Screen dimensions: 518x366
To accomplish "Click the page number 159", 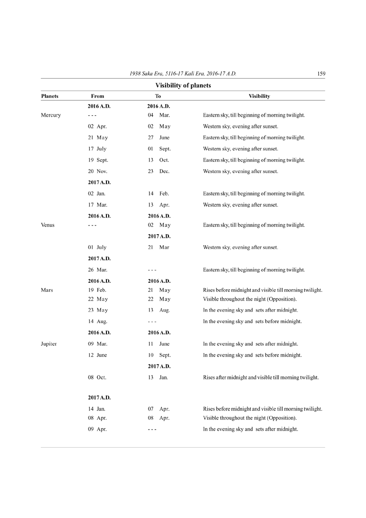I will (321, 74).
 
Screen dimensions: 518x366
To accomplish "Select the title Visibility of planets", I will (183, 85).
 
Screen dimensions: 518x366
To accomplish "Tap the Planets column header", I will (50, 96).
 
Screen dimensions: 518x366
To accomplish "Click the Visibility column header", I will (259, 96).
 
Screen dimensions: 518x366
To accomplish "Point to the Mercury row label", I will (51, 115).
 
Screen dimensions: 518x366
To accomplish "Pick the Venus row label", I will (48, 225).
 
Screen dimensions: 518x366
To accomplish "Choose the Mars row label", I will (47, 290).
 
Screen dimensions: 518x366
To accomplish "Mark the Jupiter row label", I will (49, 344).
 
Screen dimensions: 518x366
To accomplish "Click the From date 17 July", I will (97, 149).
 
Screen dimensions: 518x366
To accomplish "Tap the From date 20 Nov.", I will (98, 171).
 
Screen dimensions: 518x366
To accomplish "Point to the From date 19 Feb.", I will (97, 290).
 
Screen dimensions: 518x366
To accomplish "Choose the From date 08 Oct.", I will (97, 377).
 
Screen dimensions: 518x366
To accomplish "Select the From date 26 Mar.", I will (98, 269).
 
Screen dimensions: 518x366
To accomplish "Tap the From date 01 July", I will (97, 247).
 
